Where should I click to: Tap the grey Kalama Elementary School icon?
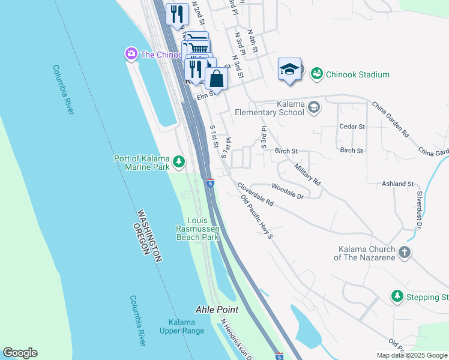coord(313,107)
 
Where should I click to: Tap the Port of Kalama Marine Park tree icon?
coord(178,161)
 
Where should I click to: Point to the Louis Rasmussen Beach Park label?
coord(197,229)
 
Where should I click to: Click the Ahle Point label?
coord(217,310)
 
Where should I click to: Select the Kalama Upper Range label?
coord(178,326)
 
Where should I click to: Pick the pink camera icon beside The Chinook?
coord(131,55)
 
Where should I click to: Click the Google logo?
coord(20,353)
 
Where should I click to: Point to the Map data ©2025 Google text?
coord(411,355)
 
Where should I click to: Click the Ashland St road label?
coord(398,184)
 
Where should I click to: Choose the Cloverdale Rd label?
coord(255,195)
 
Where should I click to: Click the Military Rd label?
coord(308,172)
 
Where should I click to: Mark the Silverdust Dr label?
coord(418,210)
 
